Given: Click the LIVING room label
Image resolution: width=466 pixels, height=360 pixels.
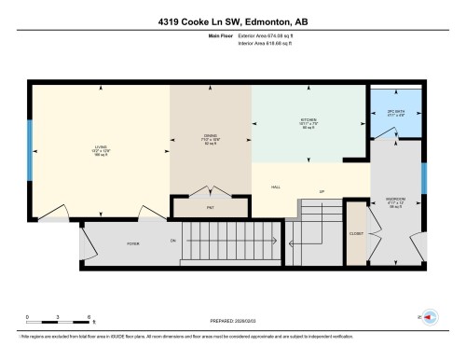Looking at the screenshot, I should tap(101, 146).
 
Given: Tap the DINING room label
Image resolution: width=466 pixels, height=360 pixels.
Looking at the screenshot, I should tap(211, 137).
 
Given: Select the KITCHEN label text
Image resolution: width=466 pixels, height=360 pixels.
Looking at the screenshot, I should tap(308, 121).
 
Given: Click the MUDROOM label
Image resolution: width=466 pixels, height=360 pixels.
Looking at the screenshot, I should tap(396, 201).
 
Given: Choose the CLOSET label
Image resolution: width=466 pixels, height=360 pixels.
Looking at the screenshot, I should tap(356, 233).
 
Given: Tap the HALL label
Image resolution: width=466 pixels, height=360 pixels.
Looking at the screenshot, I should tap(276, 187).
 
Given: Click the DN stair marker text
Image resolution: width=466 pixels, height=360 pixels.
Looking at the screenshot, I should tap(172, 241).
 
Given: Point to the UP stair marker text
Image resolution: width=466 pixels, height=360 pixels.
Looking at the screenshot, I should tap(322, 193).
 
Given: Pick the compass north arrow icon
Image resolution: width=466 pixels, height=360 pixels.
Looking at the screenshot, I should tap(430, 318).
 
